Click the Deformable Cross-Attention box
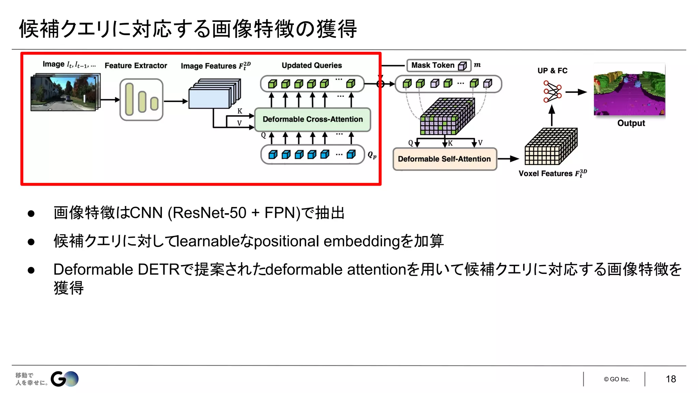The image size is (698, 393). pos(313,119)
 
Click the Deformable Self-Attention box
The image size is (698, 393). pos(444,159)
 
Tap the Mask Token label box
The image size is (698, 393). pos(439,65)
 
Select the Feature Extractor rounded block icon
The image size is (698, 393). pos(141,100)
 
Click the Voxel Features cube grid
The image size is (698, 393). pos(550,147)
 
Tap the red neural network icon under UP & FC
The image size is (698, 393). pos(552,91)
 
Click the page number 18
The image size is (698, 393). pos(670,379)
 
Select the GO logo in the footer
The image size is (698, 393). pos(64,379)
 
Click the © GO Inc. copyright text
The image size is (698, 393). pos(617,379)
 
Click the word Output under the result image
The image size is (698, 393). pos(631,123)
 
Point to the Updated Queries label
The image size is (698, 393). pos(312,65)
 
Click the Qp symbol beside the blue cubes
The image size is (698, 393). pos(372,155)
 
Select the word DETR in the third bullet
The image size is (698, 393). pos(158,270)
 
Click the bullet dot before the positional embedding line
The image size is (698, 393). pos(31,242)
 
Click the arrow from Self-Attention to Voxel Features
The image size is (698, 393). pos(508,159)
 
